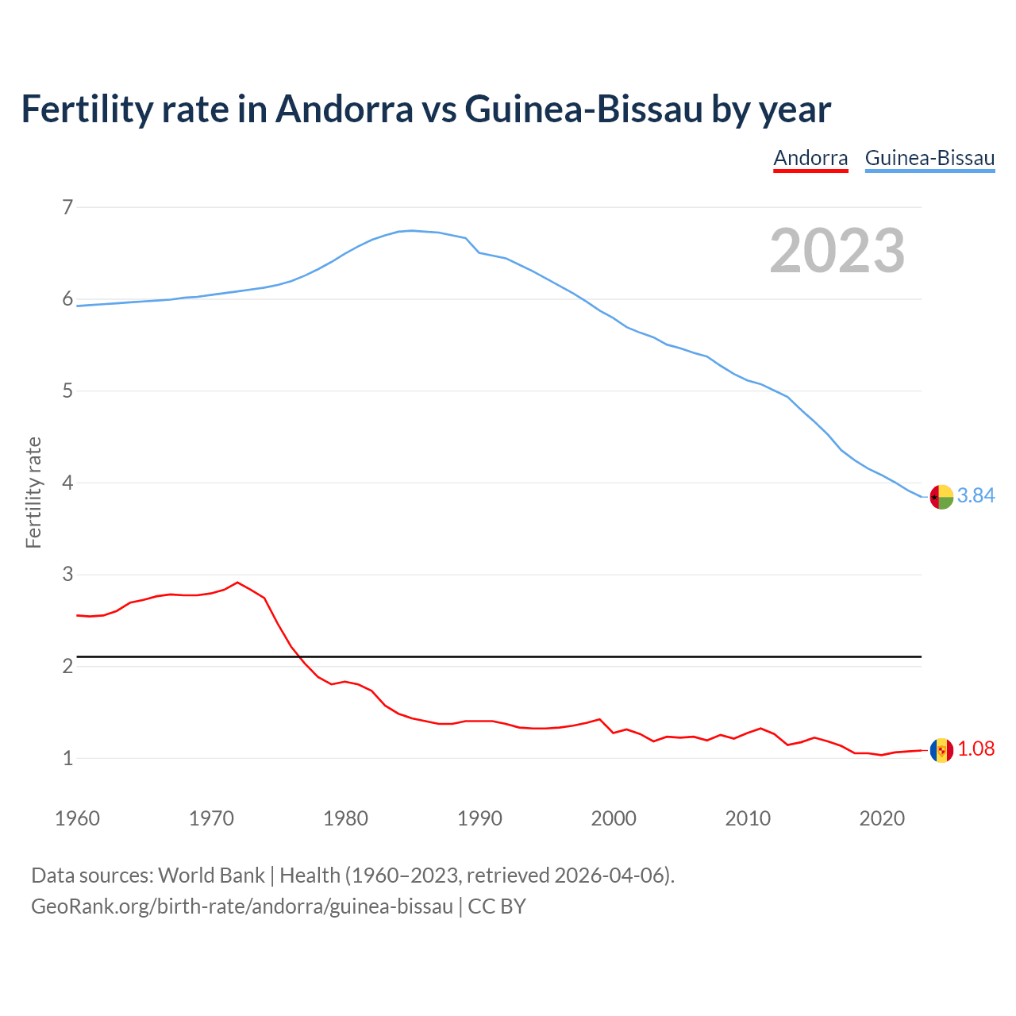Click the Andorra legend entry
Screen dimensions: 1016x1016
(810, 158)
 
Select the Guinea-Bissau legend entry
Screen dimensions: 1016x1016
(929, 158)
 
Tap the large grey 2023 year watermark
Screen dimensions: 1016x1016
(837, 251)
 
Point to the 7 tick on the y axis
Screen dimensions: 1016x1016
(67, 207)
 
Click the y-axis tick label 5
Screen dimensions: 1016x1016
(67, 391)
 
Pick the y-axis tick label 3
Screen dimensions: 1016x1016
(67, 574)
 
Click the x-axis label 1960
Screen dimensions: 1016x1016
(77, 818)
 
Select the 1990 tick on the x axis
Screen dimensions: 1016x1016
(479, 818)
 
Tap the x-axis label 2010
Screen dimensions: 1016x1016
(748, 818)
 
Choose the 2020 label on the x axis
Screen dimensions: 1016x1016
(882, 818)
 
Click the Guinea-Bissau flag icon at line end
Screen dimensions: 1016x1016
(941, 497)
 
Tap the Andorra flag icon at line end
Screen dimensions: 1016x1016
(941, 750)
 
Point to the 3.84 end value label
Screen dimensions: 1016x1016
(976, 495)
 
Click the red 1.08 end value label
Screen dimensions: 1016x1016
(976, 749)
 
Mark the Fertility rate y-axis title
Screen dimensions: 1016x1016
(33, 492)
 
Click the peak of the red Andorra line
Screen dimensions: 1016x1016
(237, 582)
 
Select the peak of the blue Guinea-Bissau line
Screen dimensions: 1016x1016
(411, 230)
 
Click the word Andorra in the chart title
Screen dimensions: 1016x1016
(344, 109)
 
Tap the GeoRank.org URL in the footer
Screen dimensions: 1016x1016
(242, 906)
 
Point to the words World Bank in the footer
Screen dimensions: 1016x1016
(211, 875)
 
